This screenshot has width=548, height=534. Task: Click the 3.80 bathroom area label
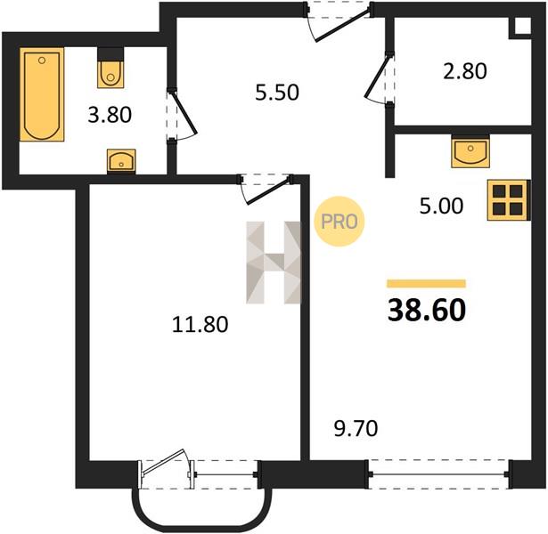tap(110, 115)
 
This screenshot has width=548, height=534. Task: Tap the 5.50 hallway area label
tap(277, 93)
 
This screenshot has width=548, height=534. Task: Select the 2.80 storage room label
tap(465, 71)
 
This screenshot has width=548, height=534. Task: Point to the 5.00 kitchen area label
tap(441, 206)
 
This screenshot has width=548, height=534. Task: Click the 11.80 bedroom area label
tap(200, 324)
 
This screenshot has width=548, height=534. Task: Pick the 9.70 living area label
tap(356, 429)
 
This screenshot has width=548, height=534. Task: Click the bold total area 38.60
tap(427, 311)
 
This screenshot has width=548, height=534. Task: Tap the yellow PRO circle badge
tap(339, 222)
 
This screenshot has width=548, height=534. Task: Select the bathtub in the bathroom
tap(42, 94)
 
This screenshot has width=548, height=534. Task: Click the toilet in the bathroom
tap(110, 68)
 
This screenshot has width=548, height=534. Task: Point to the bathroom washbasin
tap(121, 161)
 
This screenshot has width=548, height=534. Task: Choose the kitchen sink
tap(470, 151)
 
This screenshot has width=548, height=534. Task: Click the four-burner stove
tap(509, 200)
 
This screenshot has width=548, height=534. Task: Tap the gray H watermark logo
tap(274, 263)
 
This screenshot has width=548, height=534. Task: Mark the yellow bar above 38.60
tap(427, 283)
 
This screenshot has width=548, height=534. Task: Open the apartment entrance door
tap(339, 21)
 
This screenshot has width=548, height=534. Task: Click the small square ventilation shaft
tap(522, 25)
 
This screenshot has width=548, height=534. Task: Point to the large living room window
tap(439, 474)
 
